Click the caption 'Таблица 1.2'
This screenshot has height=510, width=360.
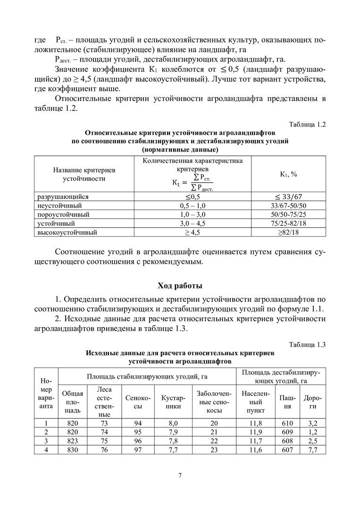click(307, 125)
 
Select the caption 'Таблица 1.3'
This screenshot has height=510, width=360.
click(307, 344)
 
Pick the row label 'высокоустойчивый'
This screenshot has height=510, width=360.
click(67, 232)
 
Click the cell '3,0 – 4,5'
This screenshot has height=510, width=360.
click(193, 223)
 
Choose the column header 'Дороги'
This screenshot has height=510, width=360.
click(310, 401)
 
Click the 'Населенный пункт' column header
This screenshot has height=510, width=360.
click(255, 401)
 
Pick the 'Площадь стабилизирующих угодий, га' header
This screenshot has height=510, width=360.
click(147, 376)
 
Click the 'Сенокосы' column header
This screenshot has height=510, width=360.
click(138, 401)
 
